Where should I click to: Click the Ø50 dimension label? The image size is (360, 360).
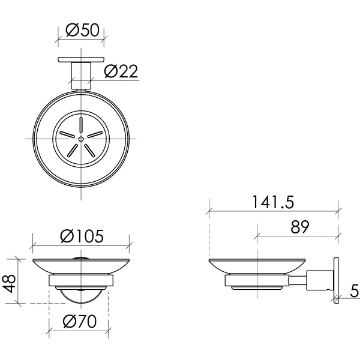coord(80,31)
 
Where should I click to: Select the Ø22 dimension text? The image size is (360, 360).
coord(121,71)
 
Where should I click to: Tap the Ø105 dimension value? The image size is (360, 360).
coord(81,236)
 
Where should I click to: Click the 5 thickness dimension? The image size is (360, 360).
coord(355,292)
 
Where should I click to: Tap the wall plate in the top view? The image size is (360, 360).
coord(80,59)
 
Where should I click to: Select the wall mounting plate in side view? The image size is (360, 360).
coord(335,281)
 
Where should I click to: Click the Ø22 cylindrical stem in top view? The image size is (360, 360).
coord(80,75)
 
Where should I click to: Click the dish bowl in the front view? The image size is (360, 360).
coord(80,266)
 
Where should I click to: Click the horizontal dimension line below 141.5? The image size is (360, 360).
coord(274,211)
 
